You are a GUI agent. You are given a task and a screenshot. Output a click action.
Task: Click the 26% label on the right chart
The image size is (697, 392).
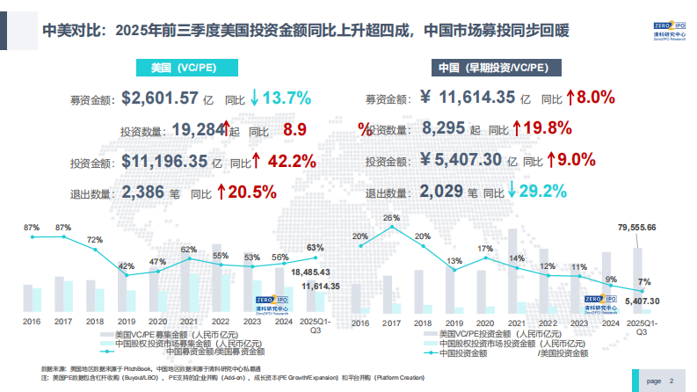[391, 217]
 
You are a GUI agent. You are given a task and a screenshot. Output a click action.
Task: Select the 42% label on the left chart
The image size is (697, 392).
[127, 265]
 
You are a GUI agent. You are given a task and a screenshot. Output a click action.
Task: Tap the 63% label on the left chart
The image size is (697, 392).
[315, 248]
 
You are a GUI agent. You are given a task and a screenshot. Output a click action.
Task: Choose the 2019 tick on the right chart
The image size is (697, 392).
[454, 322]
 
